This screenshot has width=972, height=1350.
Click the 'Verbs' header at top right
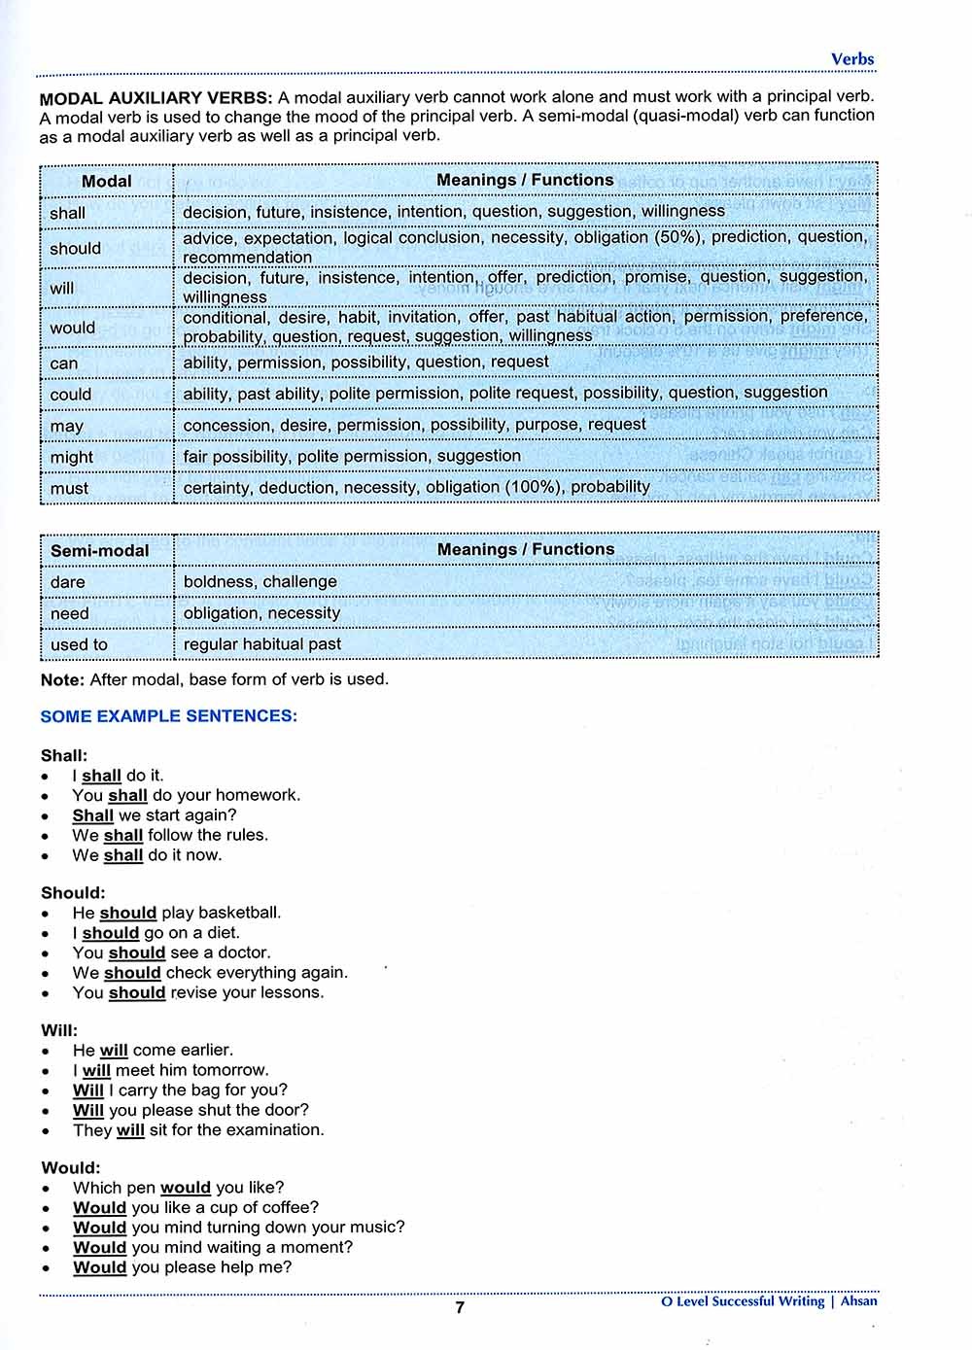point(852,59)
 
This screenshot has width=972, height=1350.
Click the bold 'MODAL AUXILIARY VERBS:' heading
point(156,97)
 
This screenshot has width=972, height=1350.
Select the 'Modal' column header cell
point(107,182)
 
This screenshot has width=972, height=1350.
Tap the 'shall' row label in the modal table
point(68,213)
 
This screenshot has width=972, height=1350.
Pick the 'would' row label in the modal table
point(73,328)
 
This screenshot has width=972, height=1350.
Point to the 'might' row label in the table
point(72,457)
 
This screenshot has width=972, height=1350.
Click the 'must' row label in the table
point(69,488)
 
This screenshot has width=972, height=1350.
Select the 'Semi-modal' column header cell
point(100,551)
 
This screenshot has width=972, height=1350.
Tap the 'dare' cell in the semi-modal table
point(68,582)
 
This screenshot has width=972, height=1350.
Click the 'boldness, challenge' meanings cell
point(260,581)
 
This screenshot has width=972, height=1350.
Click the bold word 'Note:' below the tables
point(62,679)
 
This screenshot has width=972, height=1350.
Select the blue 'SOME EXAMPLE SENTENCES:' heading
point(169,716)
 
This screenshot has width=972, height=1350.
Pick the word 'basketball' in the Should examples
point(239,913)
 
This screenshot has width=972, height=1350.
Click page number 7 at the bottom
point(460,1307)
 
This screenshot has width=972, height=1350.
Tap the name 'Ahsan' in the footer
point(858,1300)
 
